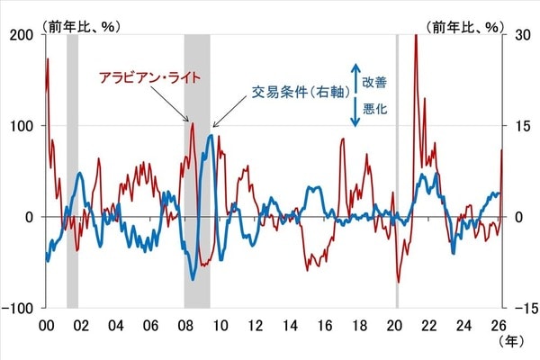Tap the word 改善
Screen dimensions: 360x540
coord(375,81)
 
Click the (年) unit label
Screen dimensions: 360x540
coord(508,342)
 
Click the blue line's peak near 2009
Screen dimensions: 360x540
coord(210,136)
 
